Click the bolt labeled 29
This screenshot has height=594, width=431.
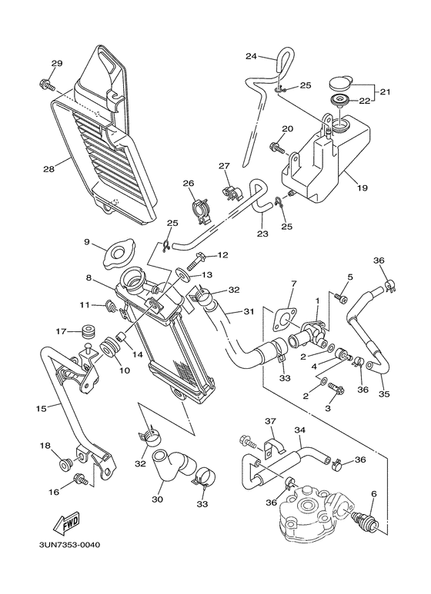point(44,82)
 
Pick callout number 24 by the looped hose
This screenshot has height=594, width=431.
point(251,56)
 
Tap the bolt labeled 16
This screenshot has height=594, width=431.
point(79,480)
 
